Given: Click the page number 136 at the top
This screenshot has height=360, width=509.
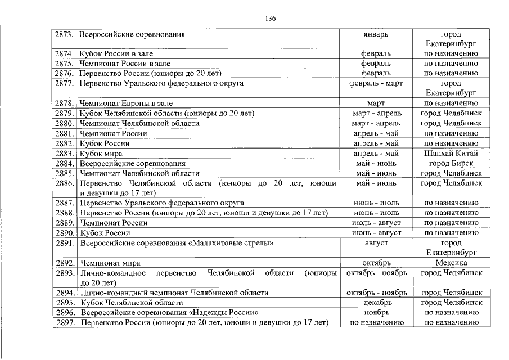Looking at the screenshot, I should click(270, 18).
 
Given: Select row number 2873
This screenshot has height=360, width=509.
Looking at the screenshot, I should click(65, 34).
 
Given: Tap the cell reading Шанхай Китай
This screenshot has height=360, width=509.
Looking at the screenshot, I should click(451, 153).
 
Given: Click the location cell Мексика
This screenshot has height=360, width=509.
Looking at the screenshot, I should click(451, 263).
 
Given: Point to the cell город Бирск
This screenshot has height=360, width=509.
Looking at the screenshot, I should click(451, 163).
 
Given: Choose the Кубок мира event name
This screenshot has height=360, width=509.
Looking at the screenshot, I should click(101, 153).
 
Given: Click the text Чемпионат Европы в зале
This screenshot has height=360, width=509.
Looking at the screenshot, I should click(127, 103).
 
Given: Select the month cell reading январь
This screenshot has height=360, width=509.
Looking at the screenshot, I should click(376, 34).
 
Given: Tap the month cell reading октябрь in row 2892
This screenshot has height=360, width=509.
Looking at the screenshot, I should click(376, 263).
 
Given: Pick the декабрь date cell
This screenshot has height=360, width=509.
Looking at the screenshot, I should click(376, 303).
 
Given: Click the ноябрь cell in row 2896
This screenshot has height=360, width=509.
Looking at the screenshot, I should click(376, 312).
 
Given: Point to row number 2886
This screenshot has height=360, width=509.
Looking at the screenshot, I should click(65, 183).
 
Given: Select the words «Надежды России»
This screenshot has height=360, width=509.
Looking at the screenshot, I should click(224, 312).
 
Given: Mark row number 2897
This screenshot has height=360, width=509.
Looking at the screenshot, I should click(65, 322).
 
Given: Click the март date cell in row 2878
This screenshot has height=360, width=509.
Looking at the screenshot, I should click(376, 103).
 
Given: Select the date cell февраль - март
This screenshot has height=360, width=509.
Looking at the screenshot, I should click(376, 83).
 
